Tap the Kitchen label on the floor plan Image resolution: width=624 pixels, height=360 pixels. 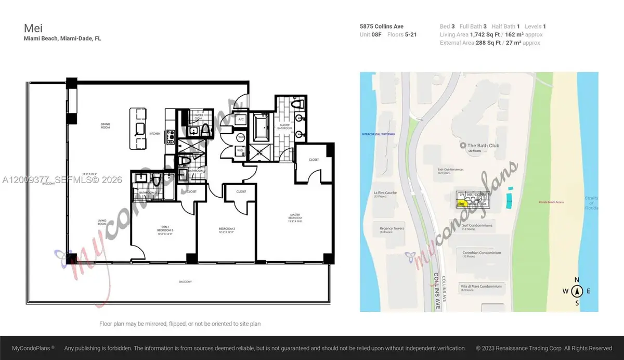click(154, 134)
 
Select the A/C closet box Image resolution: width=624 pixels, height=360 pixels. click(241, 119)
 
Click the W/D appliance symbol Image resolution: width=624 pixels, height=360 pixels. click(241, 151)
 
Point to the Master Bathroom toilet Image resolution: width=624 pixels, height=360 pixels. click(298, 105)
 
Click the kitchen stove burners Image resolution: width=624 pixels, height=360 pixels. click(170, 136)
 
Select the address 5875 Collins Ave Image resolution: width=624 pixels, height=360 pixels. click(381, 27)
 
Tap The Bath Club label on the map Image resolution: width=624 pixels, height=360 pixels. click(483, 146)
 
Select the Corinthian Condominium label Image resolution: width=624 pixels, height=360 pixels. click(481, 253)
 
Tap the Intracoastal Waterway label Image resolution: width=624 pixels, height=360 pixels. click(378, 134)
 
